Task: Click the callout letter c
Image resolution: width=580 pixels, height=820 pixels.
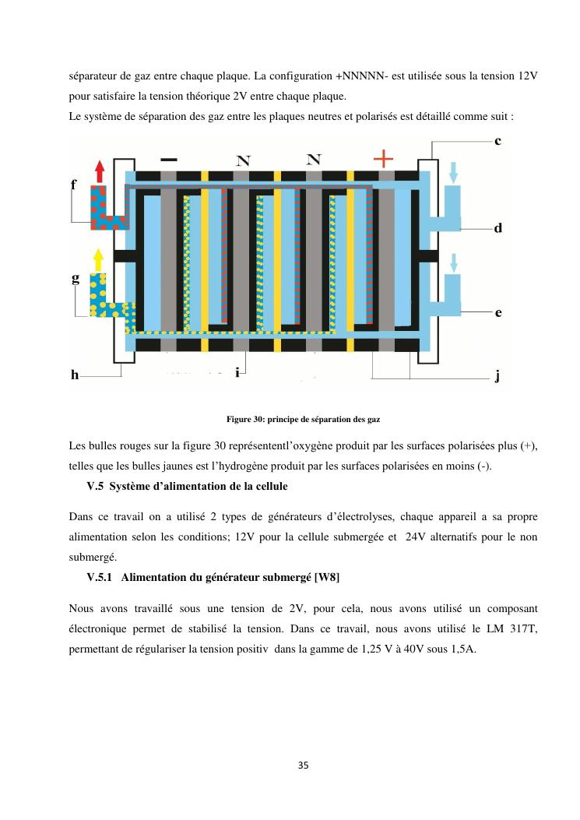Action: point(497,141)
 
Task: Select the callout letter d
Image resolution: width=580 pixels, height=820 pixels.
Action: point(497,229)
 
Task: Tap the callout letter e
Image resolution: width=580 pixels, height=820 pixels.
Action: point(497,313)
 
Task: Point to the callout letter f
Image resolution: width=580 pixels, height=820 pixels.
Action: point(73,185)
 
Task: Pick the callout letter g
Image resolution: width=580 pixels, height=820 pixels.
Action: point(75,279)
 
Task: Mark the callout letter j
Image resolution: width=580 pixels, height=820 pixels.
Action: point(497,376)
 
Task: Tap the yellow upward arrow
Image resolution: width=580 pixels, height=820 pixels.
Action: point(98,259)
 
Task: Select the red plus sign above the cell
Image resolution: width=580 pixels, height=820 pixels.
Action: point(383,158)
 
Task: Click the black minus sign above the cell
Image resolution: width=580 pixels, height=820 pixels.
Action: point(168,159)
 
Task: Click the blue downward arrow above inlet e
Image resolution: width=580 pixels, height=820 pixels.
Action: point(454,263)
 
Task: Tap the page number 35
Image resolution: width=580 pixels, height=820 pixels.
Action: point(304,765)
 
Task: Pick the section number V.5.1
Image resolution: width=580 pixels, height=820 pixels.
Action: point(101,577)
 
